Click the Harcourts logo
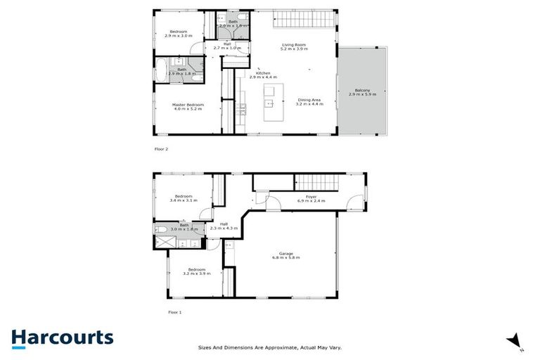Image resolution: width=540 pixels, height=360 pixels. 62,337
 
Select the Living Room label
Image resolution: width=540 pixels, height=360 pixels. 293,47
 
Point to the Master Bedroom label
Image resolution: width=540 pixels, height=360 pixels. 188,107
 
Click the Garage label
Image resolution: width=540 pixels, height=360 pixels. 285,255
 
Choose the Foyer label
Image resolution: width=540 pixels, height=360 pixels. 311,199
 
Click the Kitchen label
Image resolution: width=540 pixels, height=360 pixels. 263,75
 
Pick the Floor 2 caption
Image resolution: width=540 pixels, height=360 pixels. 161,149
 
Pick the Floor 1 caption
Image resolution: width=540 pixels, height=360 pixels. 174,311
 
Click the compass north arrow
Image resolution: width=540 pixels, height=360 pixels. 514,340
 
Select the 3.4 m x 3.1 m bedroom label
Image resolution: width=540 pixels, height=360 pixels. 184,198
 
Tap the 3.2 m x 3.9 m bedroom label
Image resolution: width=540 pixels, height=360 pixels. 196,271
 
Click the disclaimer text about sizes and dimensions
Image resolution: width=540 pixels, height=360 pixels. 269,346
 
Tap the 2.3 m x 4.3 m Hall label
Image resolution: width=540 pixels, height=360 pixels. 224,226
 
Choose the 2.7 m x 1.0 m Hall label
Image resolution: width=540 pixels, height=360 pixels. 226,47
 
